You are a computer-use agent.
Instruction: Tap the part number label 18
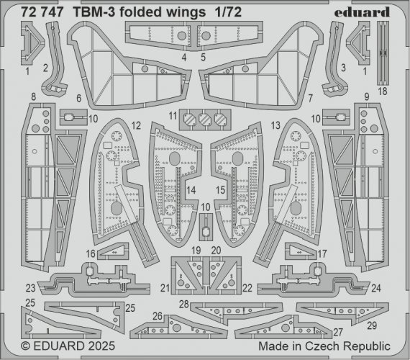[382, 91]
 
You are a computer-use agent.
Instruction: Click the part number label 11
[173, 116]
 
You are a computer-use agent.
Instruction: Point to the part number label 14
[191, 191]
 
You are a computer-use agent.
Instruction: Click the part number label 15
[221, 191]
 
